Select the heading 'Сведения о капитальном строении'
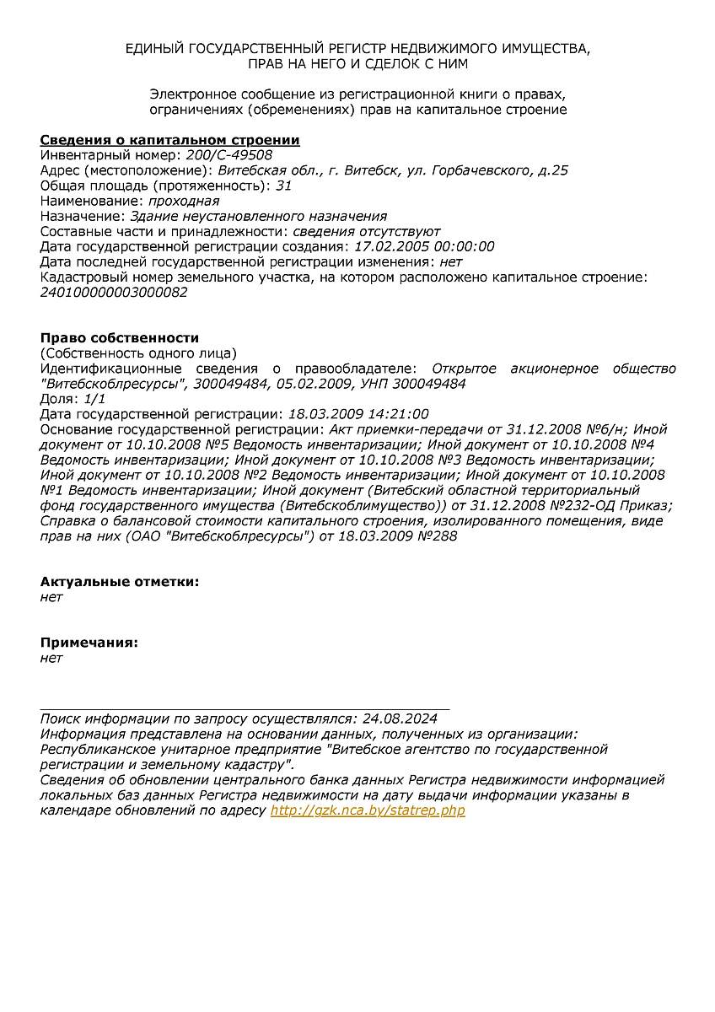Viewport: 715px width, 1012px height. (169, 140)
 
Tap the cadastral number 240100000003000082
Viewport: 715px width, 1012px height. (114, 293)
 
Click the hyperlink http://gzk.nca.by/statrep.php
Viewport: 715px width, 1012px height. (368, 810)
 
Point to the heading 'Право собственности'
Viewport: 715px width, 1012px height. (120, 338)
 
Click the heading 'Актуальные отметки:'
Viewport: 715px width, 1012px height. (120, 582)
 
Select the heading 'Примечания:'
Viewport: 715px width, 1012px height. (89, 643)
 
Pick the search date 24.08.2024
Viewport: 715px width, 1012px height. (400, 719)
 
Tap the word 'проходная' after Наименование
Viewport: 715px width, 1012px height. (184, 201)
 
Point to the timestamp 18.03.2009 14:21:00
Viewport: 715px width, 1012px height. (358, 414)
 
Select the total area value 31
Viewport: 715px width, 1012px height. (283, 186)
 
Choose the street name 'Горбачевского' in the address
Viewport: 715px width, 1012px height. (482, 170)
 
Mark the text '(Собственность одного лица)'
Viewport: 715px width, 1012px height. (138, 353)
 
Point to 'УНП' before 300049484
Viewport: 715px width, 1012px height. (372, 384)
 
